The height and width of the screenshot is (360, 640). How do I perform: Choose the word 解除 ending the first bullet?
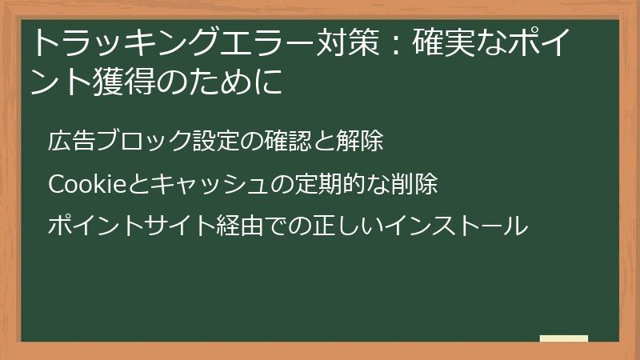[360, 142]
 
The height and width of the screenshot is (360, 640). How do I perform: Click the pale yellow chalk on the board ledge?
[563, 338]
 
